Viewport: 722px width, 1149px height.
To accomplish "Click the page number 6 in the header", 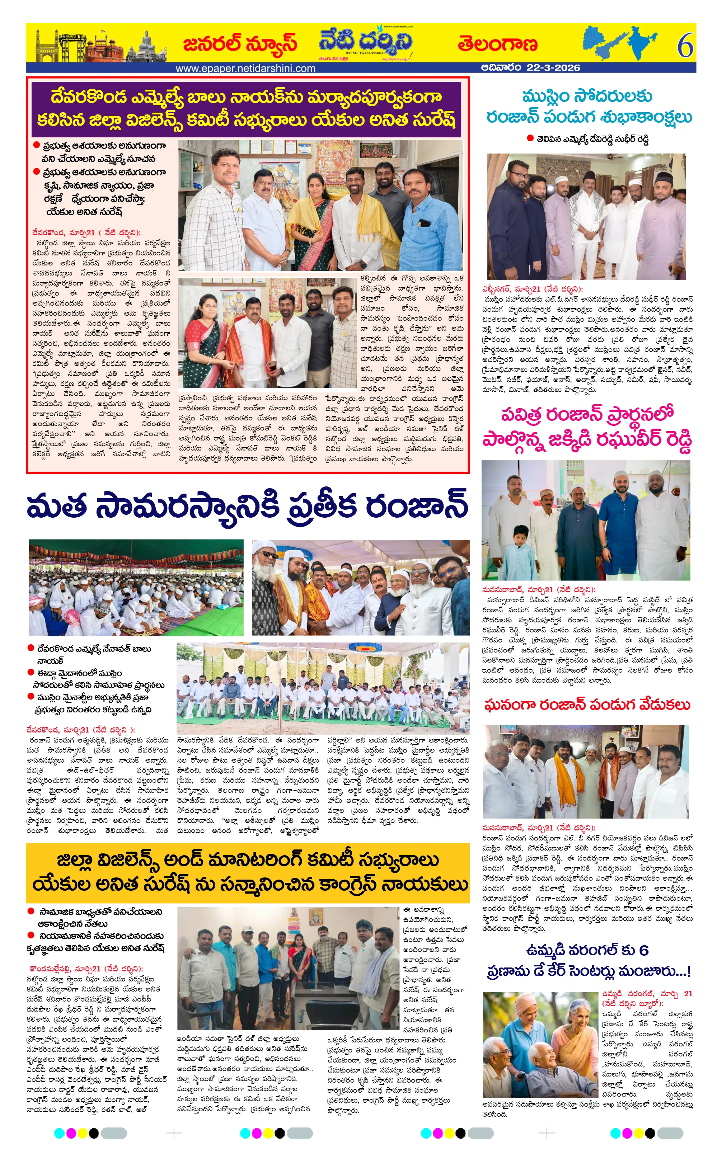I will pos(685,46).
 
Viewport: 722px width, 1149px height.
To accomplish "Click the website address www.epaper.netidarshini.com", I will pos(245,68).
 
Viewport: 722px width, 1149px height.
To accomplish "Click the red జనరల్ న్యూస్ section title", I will pos(240,44).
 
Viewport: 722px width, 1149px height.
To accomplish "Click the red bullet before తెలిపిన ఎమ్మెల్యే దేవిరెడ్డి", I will pos(530,138).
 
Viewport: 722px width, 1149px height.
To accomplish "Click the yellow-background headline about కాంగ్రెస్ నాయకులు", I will pos(247,873).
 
